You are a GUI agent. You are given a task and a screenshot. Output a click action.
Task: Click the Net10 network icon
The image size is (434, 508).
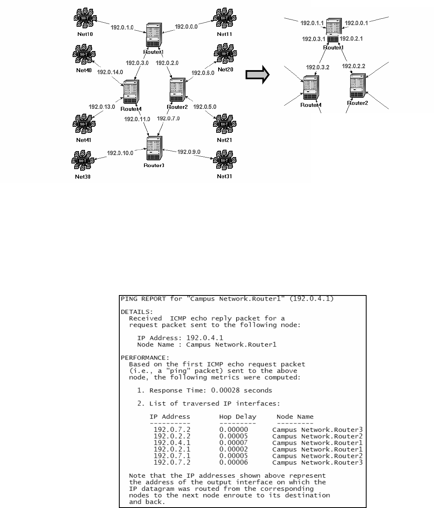point(84,18)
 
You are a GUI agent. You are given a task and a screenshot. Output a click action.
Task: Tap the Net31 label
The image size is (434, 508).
point(224,177)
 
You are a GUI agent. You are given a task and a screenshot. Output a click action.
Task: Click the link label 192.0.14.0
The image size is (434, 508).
point(110,72)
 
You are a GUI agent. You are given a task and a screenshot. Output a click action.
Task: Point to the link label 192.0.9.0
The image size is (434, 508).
point(189,152)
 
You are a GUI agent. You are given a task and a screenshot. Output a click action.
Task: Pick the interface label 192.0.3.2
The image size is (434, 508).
point(318,67)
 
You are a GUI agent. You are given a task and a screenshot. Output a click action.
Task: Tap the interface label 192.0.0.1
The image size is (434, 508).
point(356,23)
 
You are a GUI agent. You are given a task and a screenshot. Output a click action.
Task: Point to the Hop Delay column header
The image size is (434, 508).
point(237,417)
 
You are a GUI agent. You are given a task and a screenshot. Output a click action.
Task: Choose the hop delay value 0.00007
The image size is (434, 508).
point(233,443)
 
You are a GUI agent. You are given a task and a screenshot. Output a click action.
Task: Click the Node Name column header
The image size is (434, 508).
point(295,417)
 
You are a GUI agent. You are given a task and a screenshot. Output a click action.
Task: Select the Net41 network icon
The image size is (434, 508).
point(84,124)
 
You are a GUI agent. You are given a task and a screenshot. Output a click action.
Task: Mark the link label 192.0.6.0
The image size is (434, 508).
point(203,73)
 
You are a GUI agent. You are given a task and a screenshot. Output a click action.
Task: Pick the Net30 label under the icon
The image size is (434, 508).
point(83,177)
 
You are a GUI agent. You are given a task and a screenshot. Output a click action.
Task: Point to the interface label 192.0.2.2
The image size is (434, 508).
point(353,66)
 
